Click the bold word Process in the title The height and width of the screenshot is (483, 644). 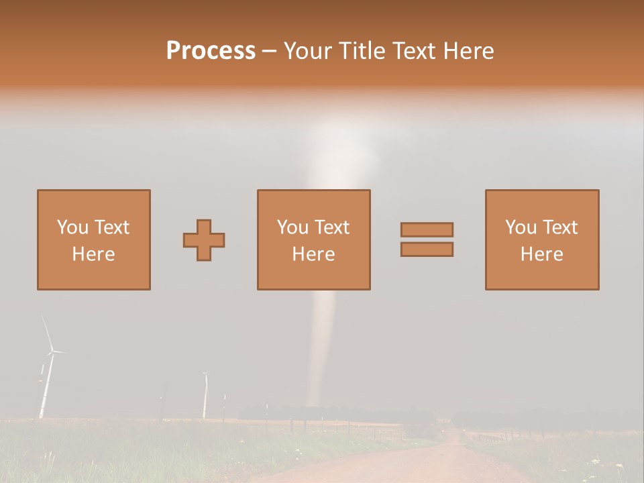coord(211,51)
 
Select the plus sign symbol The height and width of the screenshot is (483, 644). coord(204,240)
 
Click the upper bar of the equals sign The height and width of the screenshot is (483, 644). coord(427,229)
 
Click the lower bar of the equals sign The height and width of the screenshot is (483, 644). coord(427,249)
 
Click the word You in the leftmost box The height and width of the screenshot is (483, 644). coord(72,227)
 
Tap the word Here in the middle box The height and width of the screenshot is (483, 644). coord(313,254)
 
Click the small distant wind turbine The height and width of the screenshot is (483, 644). coord(205,396)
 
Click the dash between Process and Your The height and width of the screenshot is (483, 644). coord(269,51)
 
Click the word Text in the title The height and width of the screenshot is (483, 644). coord(416,51)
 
